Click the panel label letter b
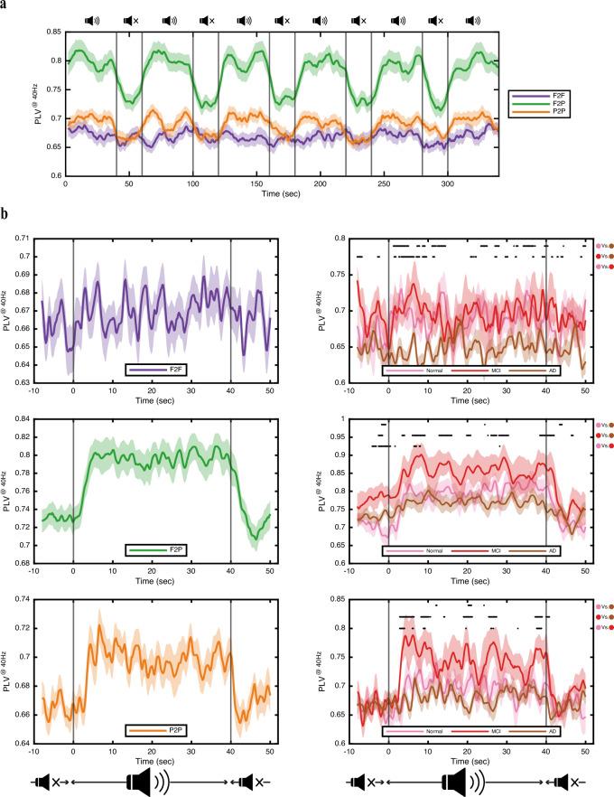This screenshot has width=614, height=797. pos(5,217)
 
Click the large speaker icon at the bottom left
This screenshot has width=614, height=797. pos(152,779)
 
